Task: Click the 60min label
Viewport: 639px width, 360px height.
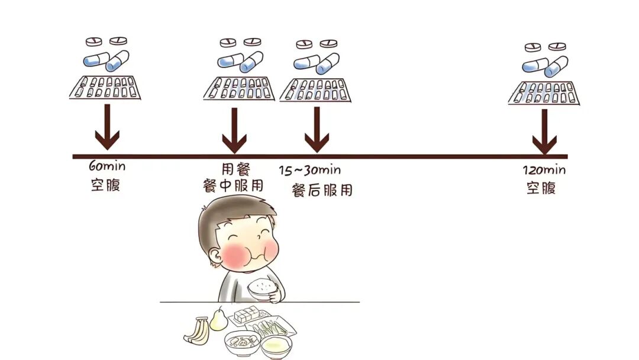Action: (x=107, y=166)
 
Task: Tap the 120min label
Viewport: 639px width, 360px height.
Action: (x=544, y=171)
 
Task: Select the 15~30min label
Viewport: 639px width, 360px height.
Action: (x=310, y=171)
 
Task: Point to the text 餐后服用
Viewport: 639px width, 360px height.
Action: (x=322, y=190)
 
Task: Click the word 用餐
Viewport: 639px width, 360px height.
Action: (x=235, y=169)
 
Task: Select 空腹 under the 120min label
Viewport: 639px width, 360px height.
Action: (x=541, y=188)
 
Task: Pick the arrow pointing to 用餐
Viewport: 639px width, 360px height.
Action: (x=234, y=130)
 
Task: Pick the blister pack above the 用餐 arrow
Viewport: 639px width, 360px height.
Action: (x=239, y=88)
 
